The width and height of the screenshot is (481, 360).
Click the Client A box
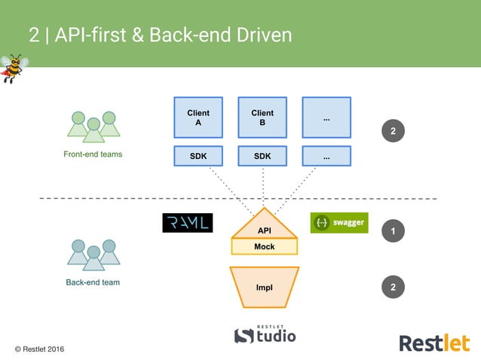pos(198,117)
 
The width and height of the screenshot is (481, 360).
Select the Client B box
pos(262,117)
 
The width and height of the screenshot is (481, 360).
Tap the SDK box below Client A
pos(198,156)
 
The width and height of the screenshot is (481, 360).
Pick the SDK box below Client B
pos(262,156)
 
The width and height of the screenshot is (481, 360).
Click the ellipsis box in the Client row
pos(326,117)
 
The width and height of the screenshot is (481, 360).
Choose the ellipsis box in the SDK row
pos(326,156)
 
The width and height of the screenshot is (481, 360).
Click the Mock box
pos(264,246)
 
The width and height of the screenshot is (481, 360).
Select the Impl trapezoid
pos(264,287)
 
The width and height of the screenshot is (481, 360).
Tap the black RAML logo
pos(187,223)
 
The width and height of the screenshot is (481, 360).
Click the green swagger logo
pos(339,223)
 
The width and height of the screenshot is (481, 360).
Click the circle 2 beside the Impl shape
pos(393,287)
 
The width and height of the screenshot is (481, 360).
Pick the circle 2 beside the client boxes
pos(393,131)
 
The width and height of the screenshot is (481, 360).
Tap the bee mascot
pos(13,69)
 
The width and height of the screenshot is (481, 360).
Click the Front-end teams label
pos(93,154)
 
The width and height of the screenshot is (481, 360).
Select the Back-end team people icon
pos(93,255)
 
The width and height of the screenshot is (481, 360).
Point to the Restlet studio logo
pos(265,334)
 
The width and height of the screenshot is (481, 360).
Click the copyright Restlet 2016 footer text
pos(40,350)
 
